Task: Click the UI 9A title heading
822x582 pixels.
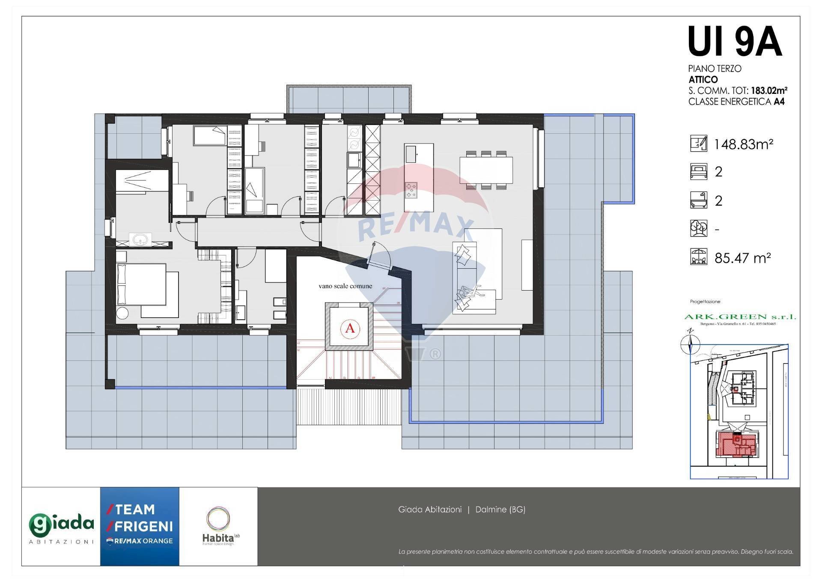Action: pyautogui.click(x=735, y=42)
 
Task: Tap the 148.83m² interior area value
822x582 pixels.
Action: pyautogui.click(x=743, y=144)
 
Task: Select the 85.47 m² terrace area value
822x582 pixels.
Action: pyautogui.click(x=742, y=258)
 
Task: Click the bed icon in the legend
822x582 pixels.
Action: pyautogui.click(x=698, y=171)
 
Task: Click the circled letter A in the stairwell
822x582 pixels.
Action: pyautogui.click(x=350, y=328)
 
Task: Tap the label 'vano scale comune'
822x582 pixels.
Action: pyautogui.click(x=345, y=286)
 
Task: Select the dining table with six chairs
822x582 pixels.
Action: pyautogui.click(x=486, y=170)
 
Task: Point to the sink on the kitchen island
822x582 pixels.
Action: pyautogui.click(x=411, y=154)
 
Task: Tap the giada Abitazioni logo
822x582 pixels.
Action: pyautogui.click(x=61, y=526)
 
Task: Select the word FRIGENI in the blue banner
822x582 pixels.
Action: pyautogui.click(x=144, y=526)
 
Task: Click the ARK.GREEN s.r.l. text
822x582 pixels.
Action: pyautogui.click(x=740, y=317)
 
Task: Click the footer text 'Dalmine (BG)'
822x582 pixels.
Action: pyautogui.click(x=500, y=510)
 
